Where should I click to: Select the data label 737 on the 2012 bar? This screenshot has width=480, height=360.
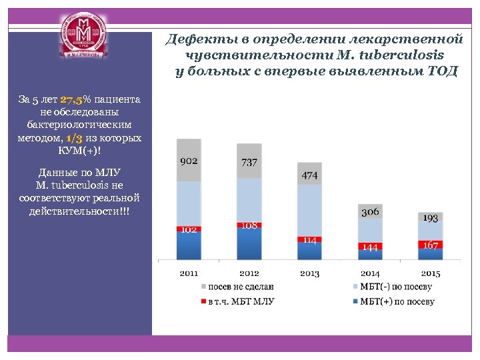[x=249, y=163]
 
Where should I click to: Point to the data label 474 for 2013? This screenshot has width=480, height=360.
[x=309, y=175]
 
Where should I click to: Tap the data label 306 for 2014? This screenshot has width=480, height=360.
[x=370, y=212]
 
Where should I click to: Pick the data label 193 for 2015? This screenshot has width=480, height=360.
[x=430, y=218]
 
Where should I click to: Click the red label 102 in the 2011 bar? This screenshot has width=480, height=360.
[x=189, y=229]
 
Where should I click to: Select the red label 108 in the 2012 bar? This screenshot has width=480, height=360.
[x=249, y=225]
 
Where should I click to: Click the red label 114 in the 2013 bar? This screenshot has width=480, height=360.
[x=309, y=239]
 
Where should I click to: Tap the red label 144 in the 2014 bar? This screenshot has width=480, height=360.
[x=370, y=247]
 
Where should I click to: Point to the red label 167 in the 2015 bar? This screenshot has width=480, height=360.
[x=430, y=245]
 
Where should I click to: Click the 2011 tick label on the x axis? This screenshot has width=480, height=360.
[x=189, y=273]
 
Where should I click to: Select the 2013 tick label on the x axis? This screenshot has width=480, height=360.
[x=309, y=273]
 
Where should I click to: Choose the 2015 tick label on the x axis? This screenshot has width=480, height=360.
[x=430, y=273]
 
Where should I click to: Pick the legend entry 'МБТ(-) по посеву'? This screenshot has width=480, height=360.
[x=395, y=287]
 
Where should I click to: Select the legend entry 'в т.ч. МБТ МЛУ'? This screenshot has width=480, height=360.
[x=241, y=301]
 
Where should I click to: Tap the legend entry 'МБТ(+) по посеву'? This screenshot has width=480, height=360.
[x=397, y=301]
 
